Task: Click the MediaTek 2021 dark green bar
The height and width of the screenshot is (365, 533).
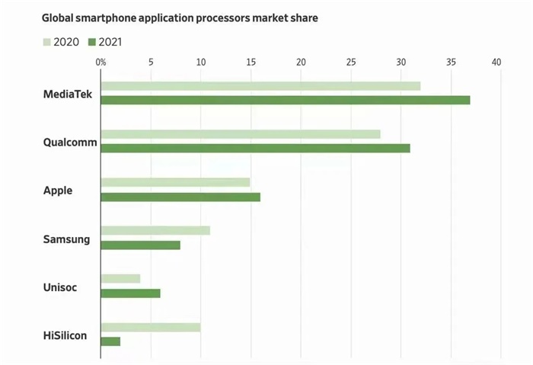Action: pyautogui.click(x=285, y=100)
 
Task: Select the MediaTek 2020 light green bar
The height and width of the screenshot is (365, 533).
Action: pyautogui.click(x=260, y=86)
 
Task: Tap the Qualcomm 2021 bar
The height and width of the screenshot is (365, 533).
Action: pyautogui.click(x=255, y=148)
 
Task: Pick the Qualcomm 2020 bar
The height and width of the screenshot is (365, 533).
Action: pyautogui.click(x=241, y=134)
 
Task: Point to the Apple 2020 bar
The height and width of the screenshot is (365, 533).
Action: pyautogui.click(x=175, y=182)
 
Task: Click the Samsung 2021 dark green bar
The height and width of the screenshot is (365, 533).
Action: pyautogui.click(x=140, y=245)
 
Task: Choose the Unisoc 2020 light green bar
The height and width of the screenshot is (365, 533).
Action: pyautogui.click(x=120, y=279)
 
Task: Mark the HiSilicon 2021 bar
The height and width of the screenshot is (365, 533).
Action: pyautogui.click(x=110, y=341)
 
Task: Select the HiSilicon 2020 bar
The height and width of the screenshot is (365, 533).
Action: pyautogui.click(x=150, y=327)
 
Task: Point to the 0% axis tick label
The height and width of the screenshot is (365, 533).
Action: pyautogui.click(x=101, y=62)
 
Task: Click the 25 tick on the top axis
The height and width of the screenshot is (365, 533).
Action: pyautogui.click(x=351, y=62)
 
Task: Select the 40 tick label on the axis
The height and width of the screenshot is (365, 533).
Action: pyautogui.click(x=497, y=62)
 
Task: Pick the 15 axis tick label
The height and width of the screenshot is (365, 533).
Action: pyautogui.click(x=251, y=62)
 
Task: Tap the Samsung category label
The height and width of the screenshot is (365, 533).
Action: pyautogui.click(x=66, y=239)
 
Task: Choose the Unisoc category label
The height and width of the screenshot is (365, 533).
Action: pyautogui.click(x=60, y=288)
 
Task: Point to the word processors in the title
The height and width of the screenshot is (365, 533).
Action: pyautogui.click(x=231, y=16)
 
